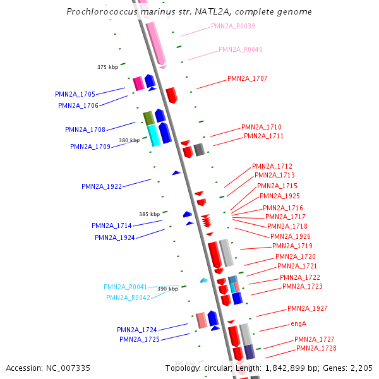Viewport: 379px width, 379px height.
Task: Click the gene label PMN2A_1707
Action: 247,78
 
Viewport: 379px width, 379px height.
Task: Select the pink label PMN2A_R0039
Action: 233,26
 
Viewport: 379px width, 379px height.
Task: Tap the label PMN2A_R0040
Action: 241,49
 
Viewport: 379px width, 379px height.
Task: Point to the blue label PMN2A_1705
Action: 75,94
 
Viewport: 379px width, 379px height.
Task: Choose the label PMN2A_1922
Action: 102,186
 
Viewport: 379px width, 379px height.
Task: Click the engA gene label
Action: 298,323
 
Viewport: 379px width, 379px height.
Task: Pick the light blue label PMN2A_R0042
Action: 128,298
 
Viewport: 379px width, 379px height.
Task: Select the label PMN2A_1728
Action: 316,348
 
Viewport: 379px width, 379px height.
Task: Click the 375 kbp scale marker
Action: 107,67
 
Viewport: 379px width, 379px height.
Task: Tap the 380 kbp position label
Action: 129,140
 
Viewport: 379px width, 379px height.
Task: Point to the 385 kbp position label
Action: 149,214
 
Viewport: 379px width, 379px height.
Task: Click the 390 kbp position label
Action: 167,289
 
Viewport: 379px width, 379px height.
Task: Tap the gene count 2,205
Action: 361,368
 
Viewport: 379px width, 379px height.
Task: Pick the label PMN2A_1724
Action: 137,330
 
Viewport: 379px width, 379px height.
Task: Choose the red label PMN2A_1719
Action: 292,246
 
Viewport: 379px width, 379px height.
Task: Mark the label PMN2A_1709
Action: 90,147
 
